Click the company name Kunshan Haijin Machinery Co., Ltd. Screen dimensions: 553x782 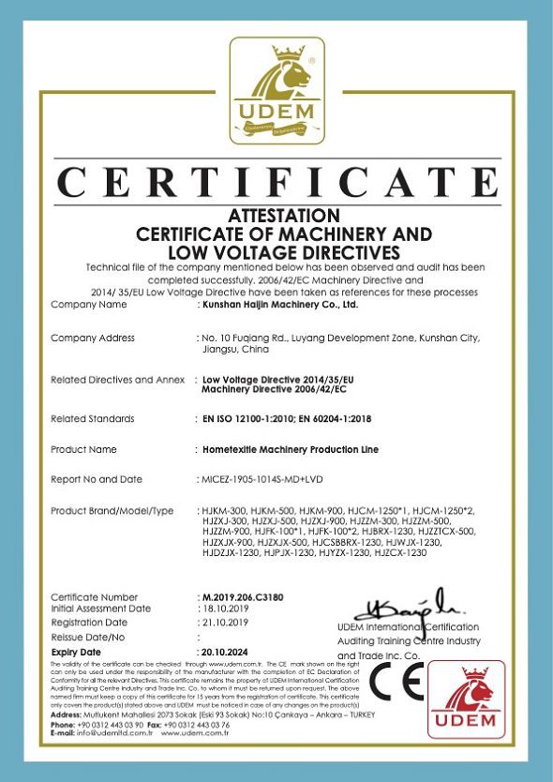(280, 305)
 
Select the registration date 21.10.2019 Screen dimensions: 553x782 (226, 623)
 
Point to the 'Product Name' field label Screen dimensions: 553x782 (83, 450)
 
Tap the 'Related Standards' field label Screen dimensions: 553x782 (92, 418)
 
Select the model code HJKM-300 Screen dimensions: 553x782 (222, 511)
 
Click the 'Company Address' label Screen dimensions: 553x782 (92, 338)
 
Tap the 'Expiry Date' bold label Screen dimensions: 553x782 (76, 651)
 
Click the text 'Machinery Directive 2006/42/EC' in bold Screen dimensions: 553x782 (273, 388)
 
